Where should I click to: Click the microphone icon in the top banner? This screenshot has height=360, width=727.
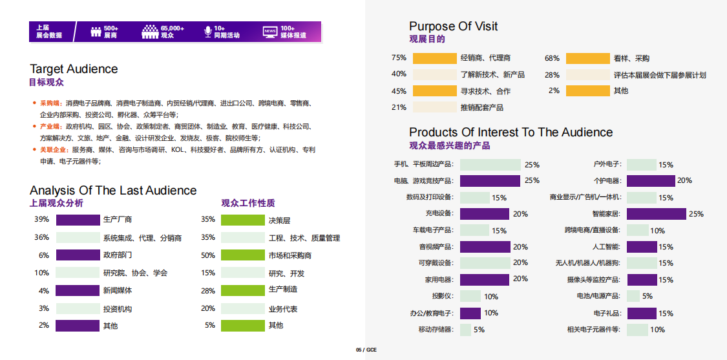coord(207,31)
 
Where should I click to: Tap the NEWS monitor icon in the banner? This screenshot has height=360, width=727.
coord(269,31)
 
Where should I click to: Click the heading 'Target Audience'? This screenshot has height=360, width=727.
coord(74,69)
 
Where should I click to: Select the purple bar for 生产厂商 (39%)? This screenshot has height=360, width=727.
coord(78,220)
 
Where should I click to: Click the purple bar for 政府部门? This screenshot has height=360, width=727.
coord(78,255)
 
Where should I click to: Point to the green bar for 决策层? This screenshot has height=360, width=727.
coord(243,220)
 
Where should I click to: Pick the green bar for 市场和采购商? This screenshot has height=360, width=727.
coord(243,255)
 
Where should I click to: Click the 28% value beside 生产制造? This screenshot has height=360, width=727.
coord(208,291)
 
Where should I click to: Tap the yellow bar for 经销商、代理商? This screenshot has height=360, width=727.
coord(434,58)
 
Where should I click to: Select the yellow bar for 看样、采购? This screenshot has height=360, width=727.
coord(587,58)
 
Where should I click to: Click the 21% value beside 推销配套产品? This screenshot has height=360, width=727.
coord(399,107)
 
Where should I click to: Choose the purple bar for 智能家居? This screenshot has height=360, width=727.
coord(656,214)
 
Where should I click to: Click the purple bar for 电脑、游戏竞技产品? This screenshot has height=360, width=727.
coord(490,181)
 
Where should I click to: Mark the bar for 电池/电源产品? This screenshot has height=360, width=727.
coord(633,296)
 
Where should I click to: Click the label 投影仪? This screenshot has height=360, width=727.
coord(443,297)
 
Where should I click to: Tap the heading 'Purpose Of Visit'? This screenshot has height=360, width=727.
coord(453,26)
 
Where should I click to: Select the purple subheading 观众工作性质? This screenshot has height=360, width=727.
coord(248,203)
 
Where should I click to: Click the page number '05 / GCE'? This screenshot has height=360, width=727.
coord(366,350)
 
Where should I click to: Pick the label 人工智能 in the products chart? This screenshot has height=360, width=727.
coord(606,247)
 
